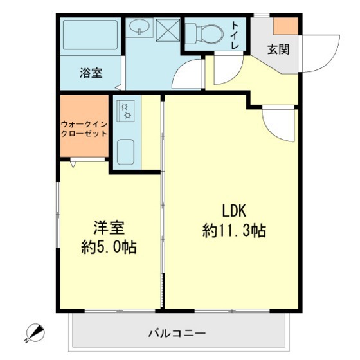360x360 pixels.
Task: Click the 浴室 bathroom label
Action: [x=91, y=73]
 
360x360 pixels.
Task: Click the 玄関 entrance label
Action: [x=278, y=50]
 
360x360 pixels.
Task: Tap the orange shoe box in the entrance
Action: [x=285, y=26]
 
